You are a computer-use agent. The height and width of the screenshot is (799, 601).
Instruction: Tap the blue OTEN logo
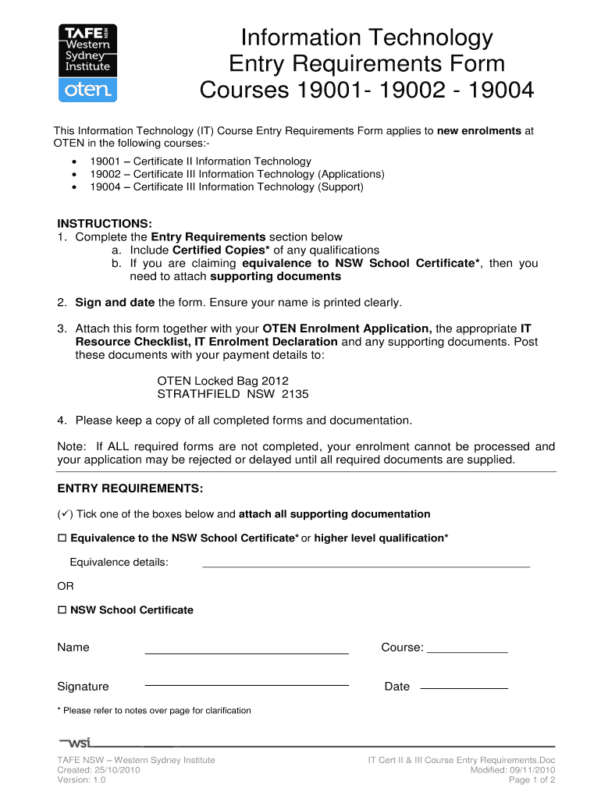88,91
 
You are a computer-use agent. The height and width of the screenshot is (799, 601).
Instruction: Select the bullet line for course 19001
200,162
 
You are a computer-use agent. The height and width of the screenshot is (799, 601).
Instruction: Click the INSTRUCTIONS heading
105,224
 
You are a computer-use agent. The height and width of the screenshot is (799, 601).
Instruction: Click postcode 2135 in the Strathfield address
295,394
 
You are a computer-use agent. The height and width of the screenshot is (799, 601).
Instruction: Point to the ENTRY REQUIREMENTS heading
130,488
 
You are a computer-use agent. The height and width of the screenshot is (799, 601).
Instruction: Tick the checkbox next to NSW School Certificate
62,610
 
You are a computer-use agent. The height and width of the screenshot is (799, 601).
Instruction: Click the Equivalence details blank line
366,565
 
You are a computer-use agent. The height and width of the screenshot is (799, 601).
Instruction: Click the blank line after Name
247,652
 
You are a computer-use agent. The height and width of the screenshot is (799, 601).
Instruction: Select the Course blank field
468,651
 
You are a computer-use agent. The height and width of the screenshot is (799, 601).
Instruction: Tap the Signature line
247,684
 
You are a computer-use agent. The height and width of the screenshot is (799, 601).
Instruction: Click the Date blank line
464,688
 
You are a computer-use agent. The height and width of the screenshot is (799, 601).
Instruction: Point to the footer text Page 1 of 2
532,779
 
